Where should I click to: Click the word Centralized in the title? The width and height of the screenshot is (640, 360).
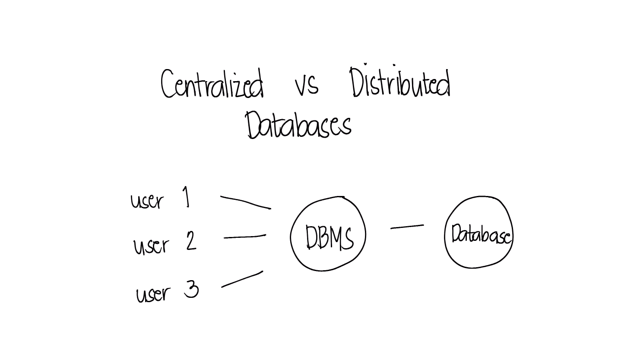click(212, 83)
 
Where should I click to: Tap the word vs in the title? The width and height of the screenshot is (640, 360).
click(307, 85)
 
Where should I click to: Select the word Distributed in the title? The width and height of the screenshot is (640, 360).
click(400, 81)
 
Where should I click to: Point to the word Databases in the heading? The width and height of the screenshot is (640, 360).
click(298, 125)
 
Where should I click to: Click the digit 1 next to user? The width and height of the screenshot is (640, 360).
click(186, 197)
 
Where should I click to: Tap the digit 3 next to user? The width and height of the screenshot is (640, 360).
click(191, 289)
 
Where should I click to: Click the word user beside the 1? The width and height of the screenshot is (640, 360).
click(147, 201)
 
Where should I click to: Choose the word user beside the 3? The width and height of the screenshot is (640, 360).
click(153, 294)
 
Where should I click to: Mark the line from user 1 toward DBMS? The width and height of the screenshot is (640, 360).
click(246, 202)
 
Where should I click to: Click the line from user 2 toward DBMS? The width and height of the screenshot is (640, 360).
click(245, 237)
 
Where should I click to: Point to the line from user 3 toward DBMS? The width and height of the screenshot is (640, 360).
click(242, 279)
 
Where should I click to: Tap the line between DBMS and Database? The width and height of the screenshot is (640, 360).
click(407, 227)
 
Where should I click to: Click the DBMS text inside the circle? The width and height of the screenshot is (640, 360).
click(330, 237)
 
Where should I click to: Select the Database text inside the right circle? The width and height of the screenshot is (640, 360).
click(481, 234)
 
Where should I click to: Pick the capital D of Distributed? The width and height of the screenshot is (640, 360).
click(357, 82)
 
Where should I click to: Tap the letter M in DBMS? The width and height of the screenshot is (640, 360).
click(336, 237)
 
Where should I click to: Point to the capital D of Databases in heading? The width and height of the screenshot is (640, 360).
click(253, 125)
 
